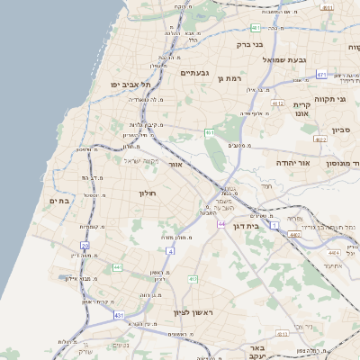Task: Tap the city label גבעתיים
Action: point(194,73)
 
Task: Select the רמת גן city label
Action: point(231,79)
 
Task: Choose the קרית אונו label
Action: point(301,109)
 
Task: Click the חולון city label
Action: point(148,193)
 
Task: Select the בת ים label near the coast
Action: point(57,202)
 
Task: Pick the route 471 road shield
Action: point(320,75)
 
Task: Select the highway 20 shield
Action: point(85,245)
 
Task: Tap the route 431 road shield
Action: point(118,316)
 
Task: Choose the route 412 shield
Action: point(193,280)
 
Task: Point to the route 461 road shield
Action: point(209,132)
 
